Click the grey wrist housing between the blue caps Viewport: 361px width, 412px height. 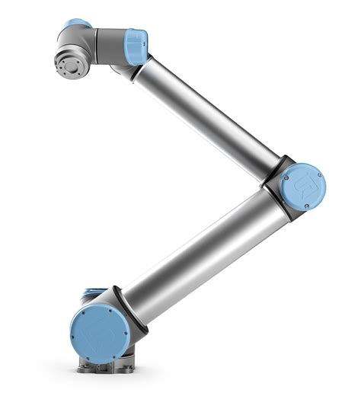(107, 43)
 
